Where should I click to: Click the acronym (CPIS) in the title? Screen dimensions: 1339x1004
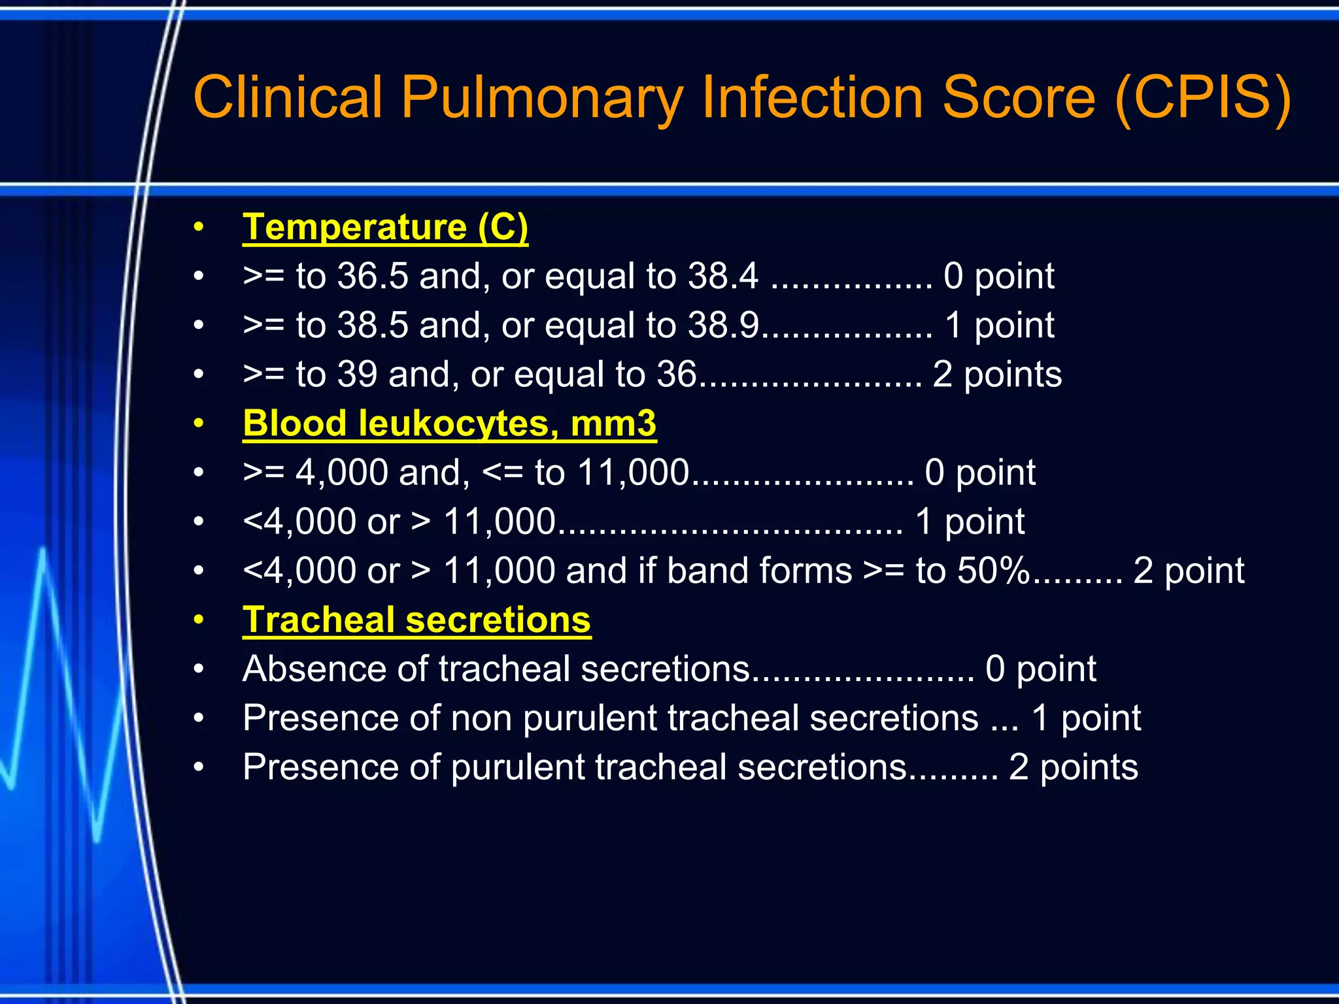coord(1203,98)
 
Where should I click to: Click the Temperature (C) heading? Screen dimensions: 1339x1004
coord(385,227)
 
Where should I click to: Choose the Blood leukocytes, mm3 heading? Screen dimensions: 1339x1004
coord(449,424)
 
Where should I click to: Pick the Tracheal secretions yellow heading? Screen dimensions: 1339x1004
coord(416,620)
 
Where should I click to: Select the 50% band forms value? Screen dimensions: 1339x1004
coord(993,570)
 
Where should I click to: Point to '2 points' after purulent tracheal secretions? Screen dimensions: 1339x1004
coord(1073,767)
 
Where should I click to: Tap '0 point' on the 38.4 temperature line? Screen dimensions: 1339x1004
coord(998,276)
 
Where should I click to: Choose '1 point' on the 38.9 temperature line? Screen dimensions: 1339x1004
coord(1000,326)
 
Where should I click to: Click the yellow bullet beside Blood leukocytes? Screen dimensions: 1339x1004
coord(199,424)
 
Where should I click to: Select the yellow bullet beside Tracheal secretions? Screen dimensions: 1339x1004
coord(199,620)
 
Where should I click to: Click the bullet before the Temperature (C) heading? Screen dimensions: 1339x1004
coord(199,227)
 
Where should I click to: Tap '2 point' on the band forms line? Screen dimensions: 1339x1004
coord(1189,571)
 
